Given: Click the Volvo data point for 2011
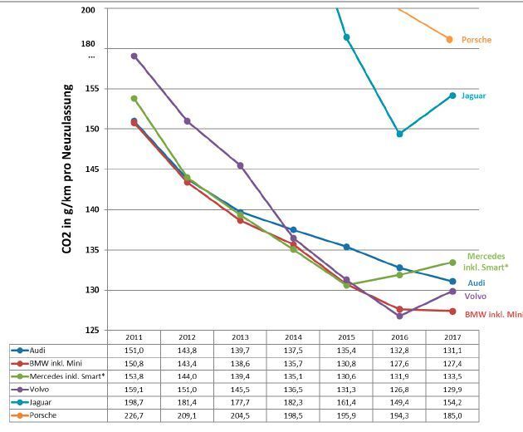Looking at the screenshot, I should pyautogui.click(x=134, y=56).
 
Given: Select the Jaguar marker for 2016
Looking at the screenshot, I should pyautogui.click(x=399, y=134).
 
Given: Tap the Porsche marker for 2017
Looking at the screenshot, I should pyautogui.click(x=450, y=39).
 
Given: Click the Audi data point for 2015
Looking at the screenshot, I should pyautogui.click(x=346, y=247).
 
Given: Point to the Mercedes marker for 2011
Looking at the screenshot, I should pyautogui.click(x=134, y=99).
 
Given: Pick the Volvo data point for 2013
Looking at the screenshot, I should pyautogui.click(x=240, y=165).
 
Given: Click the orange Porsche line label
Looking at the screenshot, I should pyautogui.click(x=477, y=40).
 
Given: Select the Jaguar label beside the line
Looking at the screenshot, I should pyautogui.click(x=474, y=96).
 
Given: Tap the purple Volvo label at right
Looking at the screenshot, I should pyautogui.click(x=476, y=296).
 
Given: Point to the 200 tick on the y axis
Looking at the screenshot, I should pyautogui.click(x=87, y=10).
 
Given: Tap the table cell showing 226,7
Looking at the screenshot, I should pyautogui.click(x=134, y=413).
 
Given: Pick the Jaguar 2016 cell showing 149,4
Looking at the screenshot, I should pyautogui.click(x=399, y=400).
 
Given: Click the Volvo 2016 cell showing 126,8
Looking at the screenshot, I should pyautogui.click(x=399, y=388).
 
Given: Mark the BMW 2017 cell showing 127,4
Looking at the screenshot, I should pyautogui.click(x=452, y=363).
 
